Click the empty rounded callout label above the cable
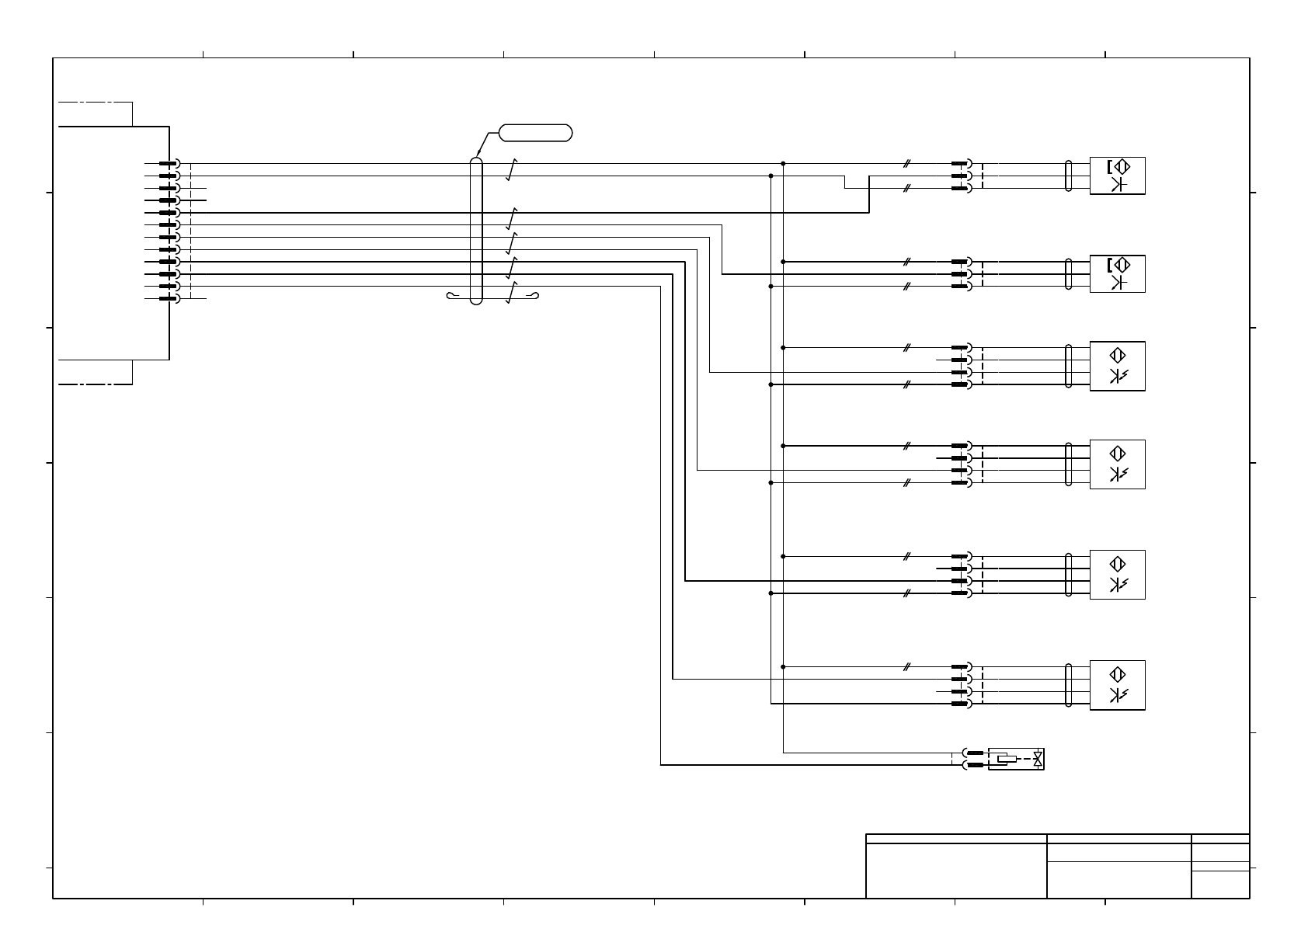pyautogui.click(x=535, y=133)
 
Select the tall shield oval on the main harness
pyautogui.click(x=476, y=231)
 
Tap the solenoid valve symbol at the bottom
pyautogui.click(x=1015, y=759)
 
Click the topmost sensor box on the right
pyautogui.click(x=1117, y=176)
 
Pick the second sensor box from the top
pyautogui.click(x=1117, y=273)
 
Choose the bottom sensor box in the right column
pyautogui.click(x=1117, y=685)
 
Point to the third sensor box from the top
pyautogui.click(x=1117, y=366)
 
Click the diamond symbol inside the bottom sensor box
pyautogui.click(x=1118, y=674)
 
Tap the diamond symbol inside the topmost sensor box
pyautogui.click(x=1120, y=166)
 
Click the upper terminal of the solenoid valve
pyautogui.click(x=974, y=753)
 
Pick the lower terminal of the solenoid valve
pyautogui.click(x=974, y=765)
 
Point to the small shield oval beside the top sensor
pyautogui.click(x=1069, y=176)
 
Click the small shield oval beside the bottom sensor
pyautogui.click(x=1069, y=685)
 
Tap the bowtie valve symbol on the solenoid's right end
pyautogui.click(x=1038, y=759)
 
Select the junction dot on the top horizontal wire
pyautogui.click(x=783, y=164)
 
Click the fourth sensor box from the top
pyautogui.click(x=1117, y=464)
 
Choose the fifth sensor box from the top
pyautogui.click(x=1117, y=575)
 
